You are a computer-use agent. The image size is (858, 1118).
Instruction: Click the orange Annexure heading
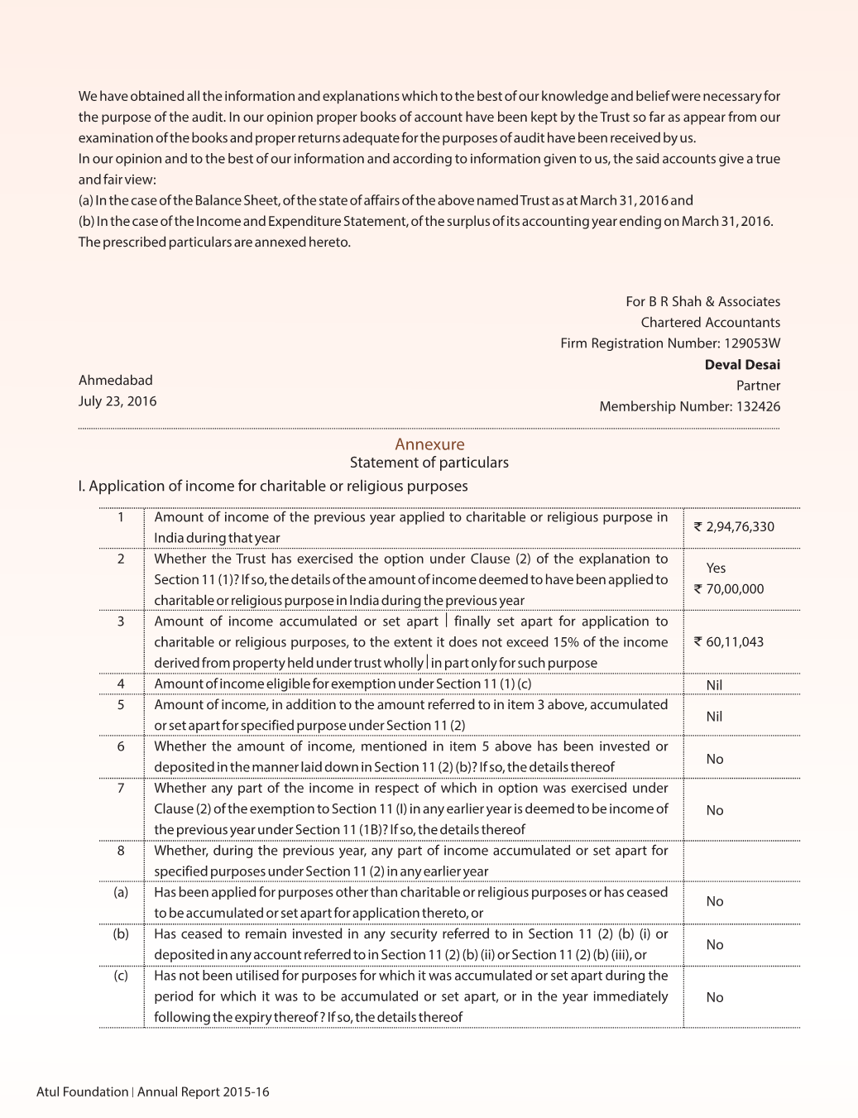click(x=429, y=444)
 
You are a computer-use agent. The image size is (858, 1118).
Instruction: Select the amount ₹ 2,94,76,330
click(x=734, y=527)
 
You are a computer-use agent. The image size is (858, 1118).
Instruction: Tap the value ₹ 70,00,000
click(x=729, y=589)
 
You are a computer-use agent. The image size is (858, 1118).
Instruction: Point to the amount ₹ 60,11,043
click(x=729, y=642)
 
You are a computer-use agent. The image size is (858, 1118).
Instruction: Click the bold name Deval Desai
click(x=742, y=365)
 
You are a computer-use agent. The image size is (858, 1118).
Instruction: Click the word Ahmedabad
click(x=115, y=381)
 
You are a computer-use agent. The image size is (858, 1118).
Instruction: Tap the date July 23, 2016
click(x=117, y=401)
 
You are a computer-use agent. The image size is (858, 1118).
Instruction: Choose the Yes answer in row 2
click(x=716, y=569)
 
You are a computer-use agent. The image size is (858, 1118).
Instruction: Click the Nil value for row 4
click(x=715, y=685)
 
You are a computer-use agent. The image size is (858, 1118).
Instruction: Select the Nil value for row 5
click(x=715, y=717)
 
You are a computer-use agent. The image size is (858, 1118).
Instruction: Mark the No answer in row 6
click(x=715, y=760)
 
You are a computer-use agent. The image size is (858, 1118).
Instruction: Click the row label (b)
click(x=121, y=934)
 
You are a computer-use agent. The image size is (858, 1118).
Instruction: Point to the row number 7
click(x=121, y=789)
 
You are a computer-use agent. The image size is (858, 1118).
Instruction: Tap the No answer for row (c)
click(x=715, y=998)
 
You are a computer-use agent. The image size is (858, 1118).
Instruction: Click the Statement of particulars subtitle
click(x=429, y=463)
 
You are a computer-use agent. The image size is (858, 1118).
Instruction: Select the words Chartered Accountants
click(x=710, y=323)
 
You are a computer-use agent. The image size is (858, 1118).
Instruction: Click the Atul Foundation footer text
click(x=82, y=1092)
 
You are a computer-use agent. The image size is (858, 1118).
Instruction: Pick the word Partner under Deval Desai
click(x=758, y=386)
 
